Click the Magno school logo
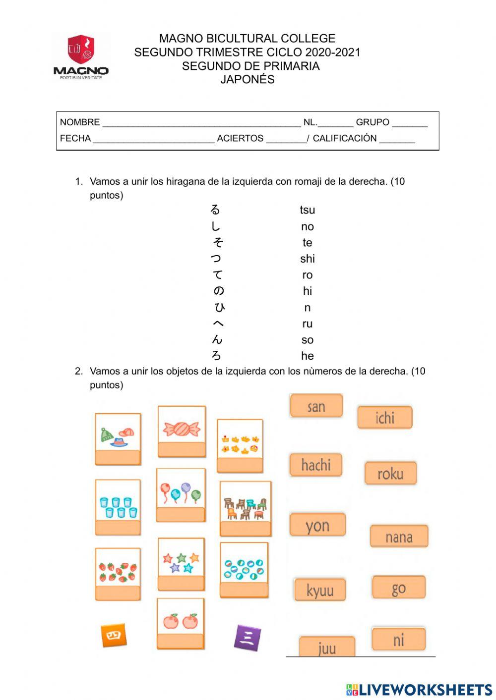click(81, 56)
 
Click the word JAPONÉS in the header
click(248, 79)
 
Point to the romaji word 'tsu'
click(307, 210)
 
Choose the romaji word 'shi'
click(307, 259)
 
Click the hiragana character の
click(218, 291)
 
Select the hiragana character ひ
click(219, 307)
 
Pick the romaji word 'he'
click(307, 356)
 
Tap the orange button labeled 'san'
click(316, 406)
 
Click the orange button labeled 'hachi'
click(316, 465)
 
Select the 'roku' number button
click(390, 474)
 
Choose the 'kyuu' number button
click(320, 590)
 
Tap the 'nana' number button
click(399, 537)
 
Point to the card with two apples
click(181, 623)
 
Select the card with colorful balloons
click(181, 494)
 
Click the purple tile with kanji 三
click(247, 637)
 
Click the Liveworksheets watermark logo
click(419, 689)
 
